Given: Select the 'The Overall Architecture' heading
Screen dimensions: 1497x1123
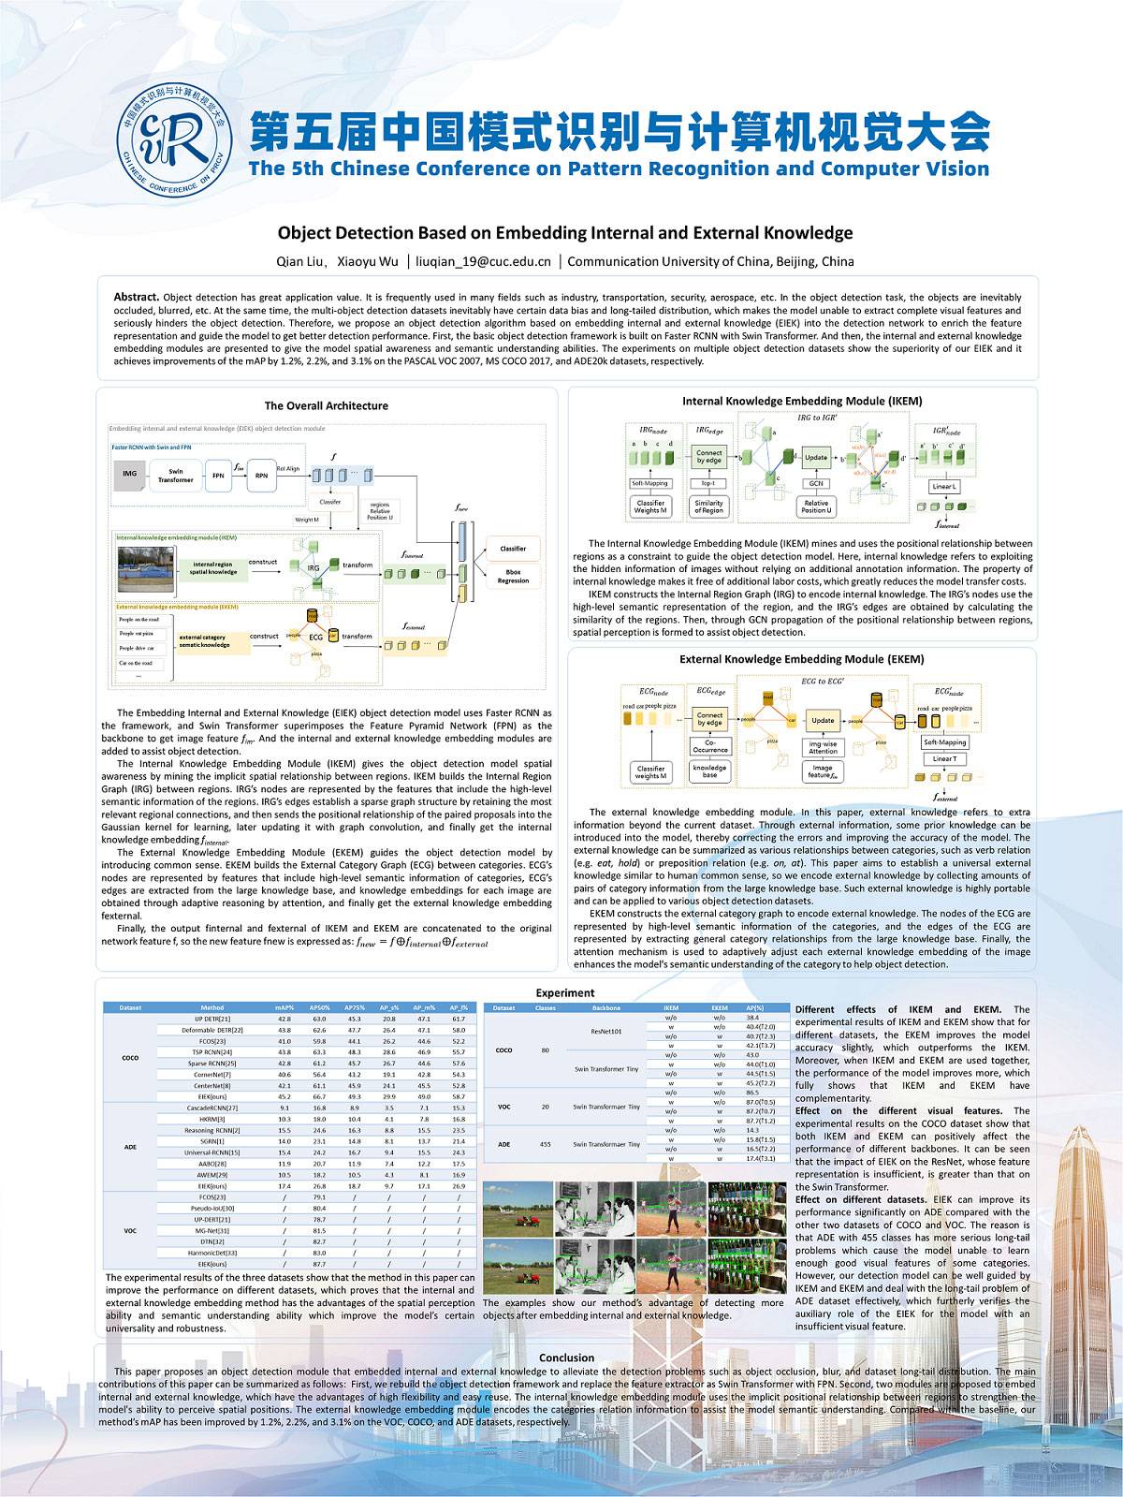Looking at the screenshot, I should coord(326,405).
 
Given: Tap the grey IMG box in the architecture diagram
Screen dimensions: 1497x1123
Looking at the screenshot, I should coord(129,474).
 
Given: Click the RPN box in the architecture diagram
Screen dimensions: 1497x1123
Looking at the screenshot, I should coord(261,475).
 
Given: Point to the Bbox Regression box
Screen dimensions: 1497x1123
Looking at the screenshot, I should coord(512,576).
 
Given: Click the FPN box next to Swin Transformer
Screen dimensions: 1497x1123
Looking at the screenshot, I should coord(218,475).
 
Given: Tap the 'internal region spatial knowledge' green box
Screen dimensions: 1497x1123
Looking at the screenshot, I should coord(213,568).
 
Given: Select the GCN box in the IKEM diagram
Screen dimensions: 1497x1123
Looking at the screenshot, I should coord(815,483).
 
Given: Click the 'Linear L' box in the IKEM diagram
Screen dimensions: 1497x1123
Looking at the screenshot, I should coord(943,487).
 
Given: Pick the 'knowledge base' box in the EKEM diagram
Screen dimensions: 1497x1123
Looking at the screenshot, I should coord(709,771).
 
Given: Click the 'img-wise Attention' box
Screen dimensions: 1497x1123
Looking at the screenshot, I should coord(823,747).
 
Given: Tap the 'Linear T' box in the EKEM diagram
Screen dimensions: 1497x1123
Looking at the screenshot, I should coord(944,758).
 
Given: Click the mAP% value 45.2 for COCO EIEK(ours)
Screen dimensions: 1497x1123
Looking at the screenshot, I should coord(284,1096).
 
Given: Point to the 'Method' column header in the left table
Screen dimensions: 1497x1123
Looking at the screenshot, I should coord(212,1008).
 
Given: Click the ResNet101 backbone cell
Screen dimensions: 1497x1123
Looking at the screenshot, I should coord(606,1030).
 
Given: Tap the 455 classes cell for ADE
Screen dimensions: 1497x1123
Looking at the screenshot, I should coord(545,1144).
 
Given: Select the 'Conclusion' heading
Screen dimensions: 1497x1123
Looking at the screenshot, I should coord(566,1357).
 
